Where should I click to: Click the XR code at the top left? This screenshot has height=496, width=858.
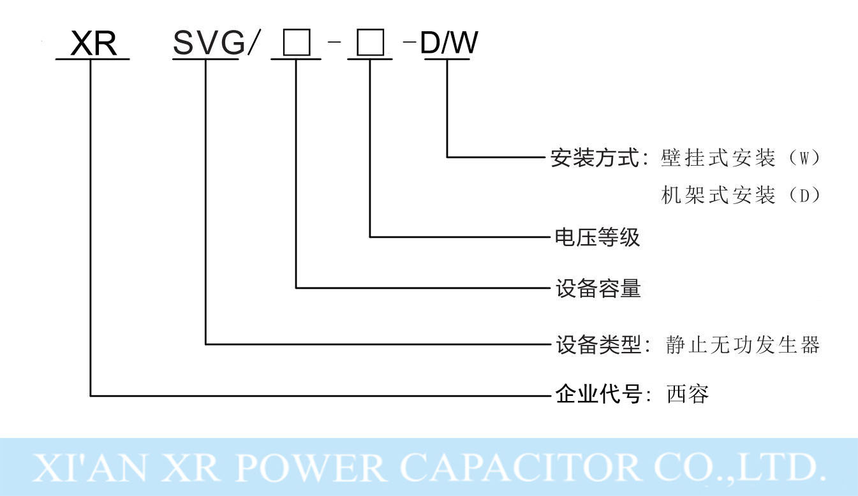tap(93, 44)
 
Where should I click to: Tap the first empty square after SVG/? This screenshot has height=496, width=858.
tap(296, 45)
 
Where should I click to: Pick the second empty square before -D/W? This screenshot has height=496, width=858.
tap(370, 45)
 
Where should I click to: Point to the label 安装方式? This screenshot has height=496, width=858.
tap(595, 157)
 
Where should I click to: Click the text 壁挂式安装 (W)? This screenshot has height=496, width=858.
tap(740, 157)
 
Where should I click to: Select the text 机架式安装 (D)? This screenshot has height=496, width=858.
tap(740, 195)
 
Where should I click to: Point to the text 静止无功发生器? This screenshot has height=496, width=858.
tap(742, 344)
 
